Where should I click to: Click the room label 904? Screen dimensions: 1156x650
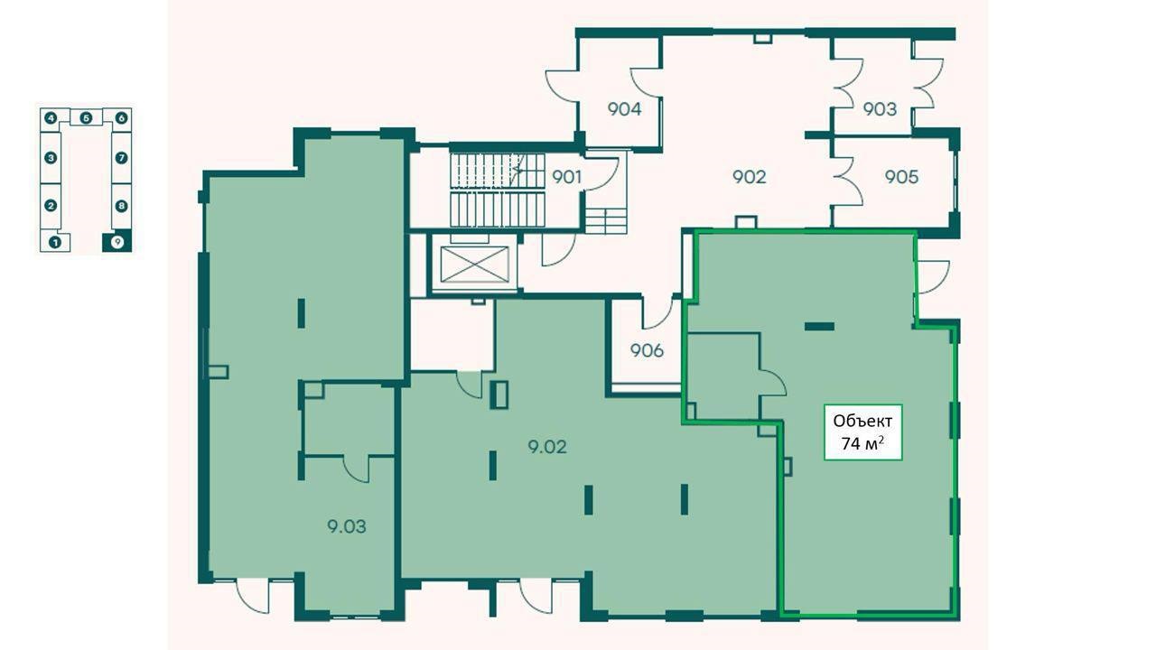tap(624, 109)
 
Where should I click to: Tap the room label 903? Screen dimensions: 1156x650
tap(880, 109)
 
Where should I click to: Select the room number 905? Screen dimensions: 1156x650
tap(901, 177)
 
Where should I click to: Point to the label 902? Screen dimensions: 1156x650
tap(750, 177)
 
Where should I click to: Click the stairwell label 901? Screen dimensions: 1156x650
tap(566, 177)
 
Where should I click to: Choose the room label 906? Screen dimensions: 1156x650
tap(647, 351)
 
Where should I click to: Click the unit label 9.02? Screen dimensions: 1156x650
tap(547, 446)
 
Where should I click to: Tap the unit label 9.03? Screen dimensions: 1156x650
tap(347, 526)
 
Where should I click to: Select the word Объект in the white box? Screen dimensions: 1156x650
tap(862, 421)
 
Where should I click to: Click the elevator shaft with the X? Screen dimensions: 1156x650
tap(475, 265)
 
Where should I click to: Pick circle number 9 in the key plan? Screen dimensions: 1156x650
tap(117, 241)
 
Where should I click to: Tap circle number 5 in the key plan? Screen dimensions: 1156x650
tap(86, 118)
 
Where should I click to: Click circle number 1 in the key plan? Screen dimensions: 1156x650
tap(55, 241)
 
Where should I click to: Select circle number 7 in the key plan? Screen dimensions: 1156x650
tap(121, 157)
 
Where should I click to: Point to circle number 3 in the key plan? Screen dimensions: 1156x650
tap(51, 157)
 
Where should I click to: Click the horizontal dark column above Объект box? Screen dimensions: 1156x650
tap(819, 327)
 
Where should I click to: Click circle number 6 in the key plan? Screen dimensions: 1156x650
tap(121, 118)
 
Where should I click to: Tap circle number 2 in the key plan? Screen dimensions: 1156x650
tap(51, 206)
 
